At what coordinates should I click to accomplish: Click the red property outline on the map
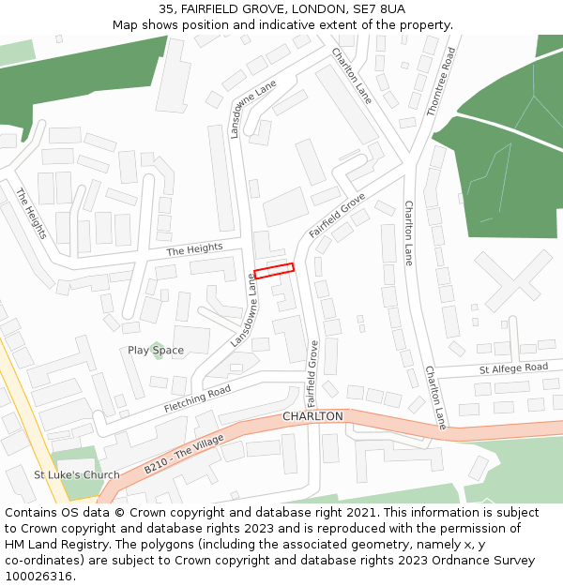click(274, 270)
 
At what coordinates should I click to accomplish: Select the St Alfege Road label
click(513, 369)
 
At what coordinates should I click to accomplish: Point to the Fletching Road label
click(197, 400)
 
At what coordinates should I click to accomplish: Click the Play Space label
click(156, 351)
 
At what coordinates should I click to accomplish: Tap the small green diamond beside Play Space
click(157, 349)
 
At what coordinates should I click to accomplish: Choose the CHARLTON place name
click(312, 415)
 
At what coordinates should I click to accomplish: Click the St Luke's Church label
click(77, 475)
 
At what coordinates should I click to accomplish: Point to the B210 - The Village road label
click(184, 455)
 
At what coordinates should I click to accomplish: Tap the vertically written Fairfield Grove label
click(312, 368)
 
